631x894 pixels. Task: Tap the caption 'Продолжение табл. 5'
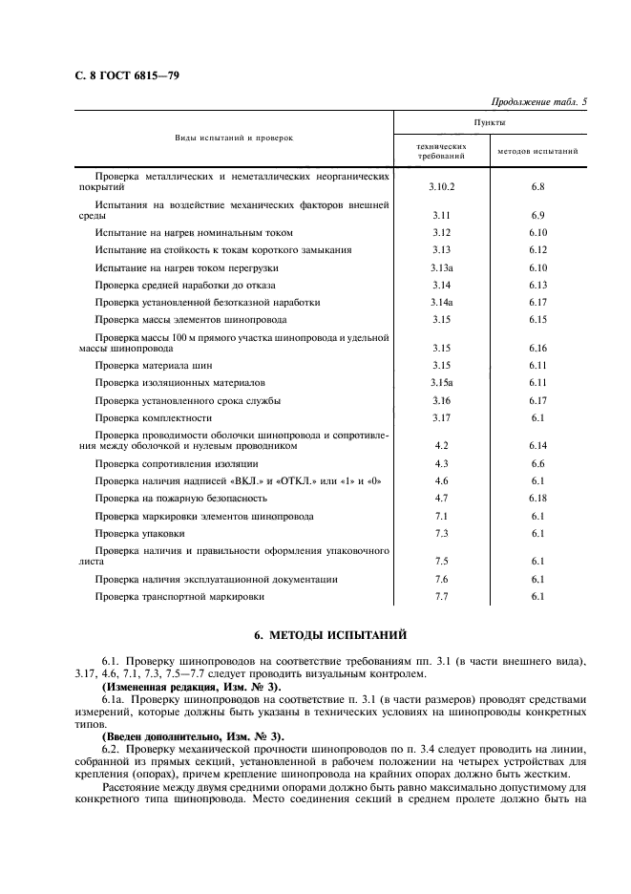pyautogui.click(x=539, y=101)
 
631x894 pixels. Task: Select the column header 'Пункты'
pyautogui.click(x=490, y=123)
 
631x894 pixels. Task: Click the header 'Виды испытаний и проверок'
pyautogui.click(x=234, y=138)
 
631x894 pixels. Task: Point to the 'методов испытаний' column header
pyautogui.click(x=537, y=150)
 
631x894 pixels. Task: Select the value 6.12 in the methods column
pyautogui.click(x=537, y=249)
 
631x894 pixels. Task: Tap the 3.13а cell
pyautogui.click(x=441, y=266)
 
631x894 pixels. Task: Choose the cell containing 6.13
pyautogui.click(x=537, y=285)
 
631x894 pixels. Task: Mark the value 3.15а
pyautogui.click(x=441, y=382)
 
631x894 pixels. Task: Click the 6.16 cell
pyautogui.click(x=537, y=348)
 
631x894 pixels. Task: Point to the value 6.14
pyautogui.click(x=537, y=445)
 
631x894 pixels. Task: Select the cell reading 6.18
pyautogui.click(x=537, y=498)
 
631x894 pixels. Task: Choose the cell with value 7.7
pyautogui.click(x=441, y=597)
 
